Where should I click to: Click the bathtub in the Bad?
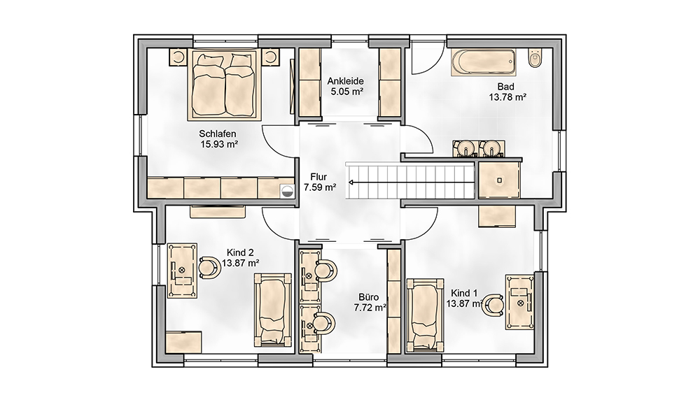pos(482,63)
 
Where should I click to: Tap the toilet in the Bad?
pos(535,57)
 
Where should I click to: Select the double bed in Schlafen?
pos(224,85)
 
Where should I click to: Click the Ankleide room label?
pos(346,81)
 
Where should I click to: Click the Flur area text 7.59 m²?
pos(320,187)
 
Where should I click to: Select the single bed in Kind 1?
pos(425,315)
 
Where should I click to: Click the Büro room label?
pos(369,297)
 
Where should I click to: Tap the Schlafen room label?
pos(218,134)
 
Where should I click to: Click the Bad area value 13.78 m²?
pos(507,96)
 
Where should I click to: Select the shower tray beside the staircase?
pos(499,180)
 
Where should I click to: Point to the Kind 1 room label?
pos(464,293)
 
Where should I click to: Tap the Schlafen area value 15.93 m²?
pos(218,144)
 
